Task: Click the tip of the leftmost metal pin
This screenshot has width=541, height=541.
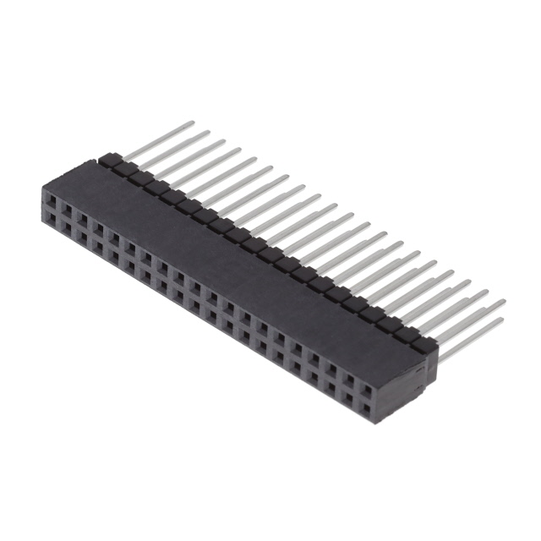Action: (193, 123)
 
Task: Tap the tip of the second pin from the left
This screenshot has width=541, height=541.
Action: (208, 133)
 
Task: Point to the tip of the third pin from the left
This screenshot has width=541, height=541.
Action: (224, 141)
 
